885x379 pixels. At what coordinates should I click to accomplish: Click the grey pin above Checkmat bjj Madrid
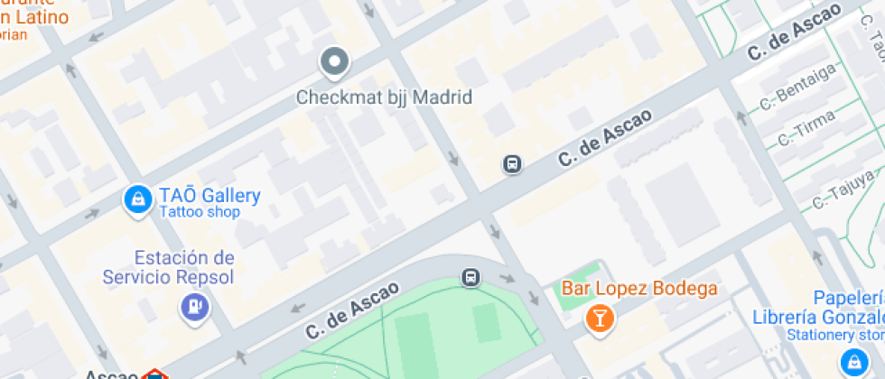tap(335, 62)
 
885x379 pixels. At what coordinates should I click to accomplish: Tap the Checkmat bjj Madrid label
tap(385, 97)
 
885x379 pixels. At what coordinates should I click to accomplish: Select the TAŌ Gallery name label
tap(210, 196)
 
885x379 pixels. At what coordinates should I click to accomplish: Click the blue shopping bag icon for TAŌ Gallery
tap(136, 199)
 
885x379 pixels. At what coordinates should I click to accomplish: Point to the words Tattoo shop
tap(200, 213)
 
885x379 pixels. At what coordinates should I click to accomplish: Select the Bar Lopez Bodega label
tap(639, 289)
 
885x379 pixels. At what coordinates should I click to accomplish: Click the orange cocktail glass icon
tap(598, 317)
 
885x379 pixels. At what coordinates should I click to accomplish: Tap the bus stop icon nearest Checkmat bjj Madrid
tap(512, 164)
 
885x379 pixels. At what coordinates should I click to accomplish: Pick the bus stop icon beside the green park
tap(470, 277)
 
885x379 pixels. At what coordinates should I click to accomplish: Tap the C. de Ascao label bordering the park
tap(353, 307)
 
